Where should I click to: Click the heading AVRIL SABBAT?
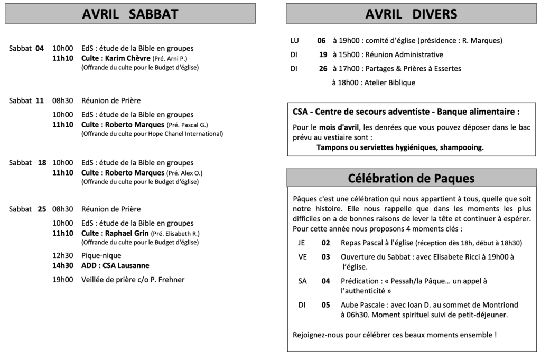[x=130, y=14]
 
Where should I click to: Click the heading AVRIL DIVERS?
[x=411, y=14]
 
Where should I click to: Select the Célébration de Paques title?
[x=411, y=178]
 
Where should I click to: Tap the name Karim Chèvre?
[x=128, y=58]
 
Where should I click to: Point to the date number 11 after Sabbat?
[x=40, y=100]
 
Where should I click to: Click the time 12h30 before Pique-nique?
[x=62, y=255]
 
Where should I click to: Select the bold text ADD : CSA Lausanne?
[x=115, y=265]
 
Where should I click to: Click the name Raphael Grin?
[x=127, y=233]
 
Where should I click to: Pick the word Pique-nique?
[x=101, y=255]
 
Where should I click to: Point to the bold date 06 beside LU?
[x=321, y=40]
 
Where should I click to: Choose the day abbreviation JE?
[x=302, y=243]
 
